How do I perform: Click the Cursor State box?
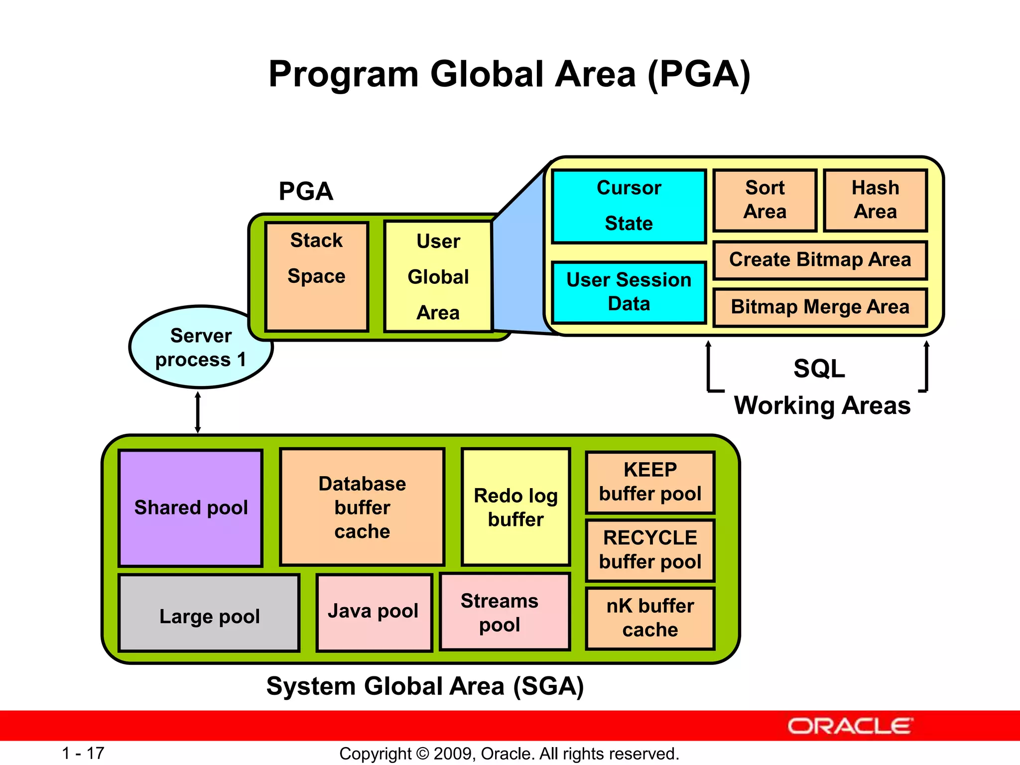(629, 206)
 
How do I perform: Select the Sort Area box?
(765, 200)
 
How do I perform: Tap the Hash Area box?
(875, 200)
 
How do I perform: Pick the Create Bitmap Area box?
(820, 260)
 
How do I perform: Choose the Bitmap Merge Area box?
(820, 307)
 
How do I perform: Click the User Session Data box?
(629, 292)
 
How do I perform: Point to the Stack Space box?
(317, 276)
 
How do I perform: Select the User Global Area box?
(438, 276)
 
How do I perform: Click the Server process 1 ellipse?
(201, 348)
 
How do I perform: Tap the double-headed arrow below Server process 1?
(198, 412)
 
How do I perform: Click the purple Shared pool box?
(191, 508)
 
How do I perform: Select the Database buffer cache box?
(362, 507)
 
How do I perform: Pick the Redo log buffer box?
(516, 507)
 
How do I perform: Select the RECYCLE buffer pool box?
(650, 550)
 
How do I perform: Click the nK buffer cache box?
(650, 618)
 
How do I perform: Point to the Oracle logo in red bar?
(850, 726)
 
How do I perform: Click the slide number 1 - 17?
(83, 753)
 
